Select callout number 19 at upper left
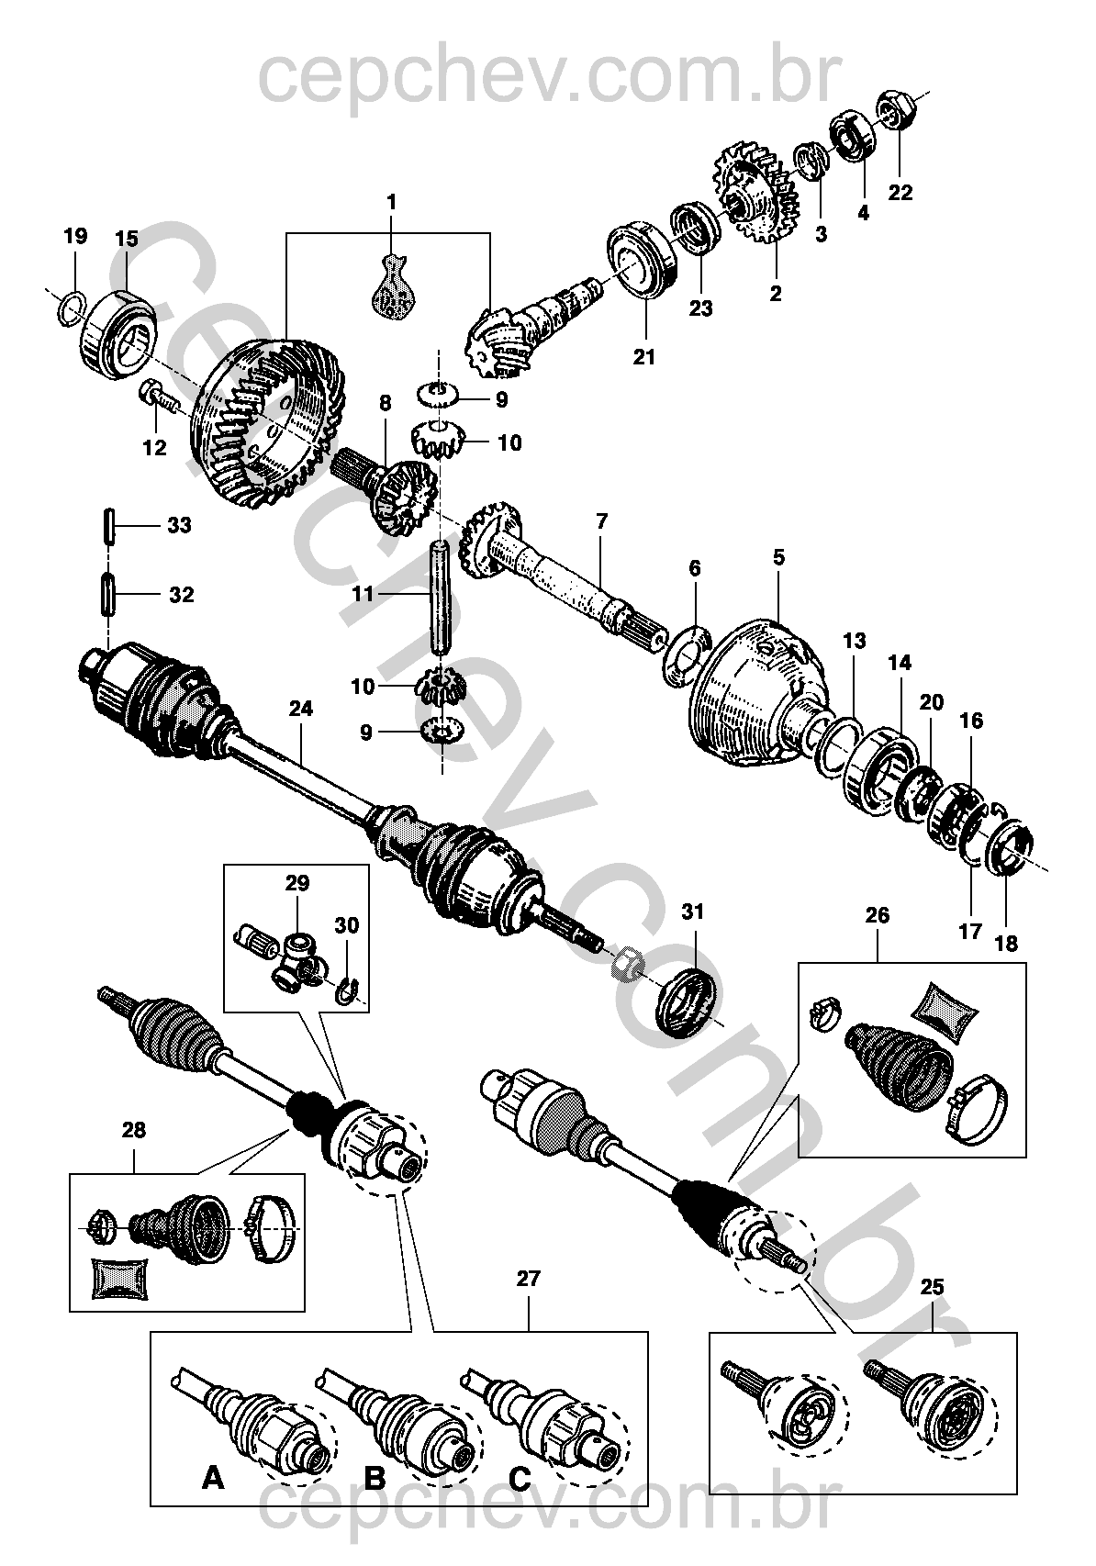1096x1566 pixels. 75,236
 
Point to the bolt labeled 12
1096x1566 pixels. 159,397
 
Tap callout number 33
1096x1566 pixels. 179,526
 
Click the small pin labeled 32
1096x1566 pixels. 107,595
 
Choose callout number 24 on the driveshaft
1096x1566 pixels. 300,708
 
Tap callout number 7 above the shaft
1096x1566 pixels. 601,521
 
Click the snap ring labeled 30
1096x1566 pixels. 348,991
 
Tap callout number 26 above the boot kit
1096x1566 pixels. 877,915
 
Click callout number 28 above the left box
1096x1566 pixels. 134,1130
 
